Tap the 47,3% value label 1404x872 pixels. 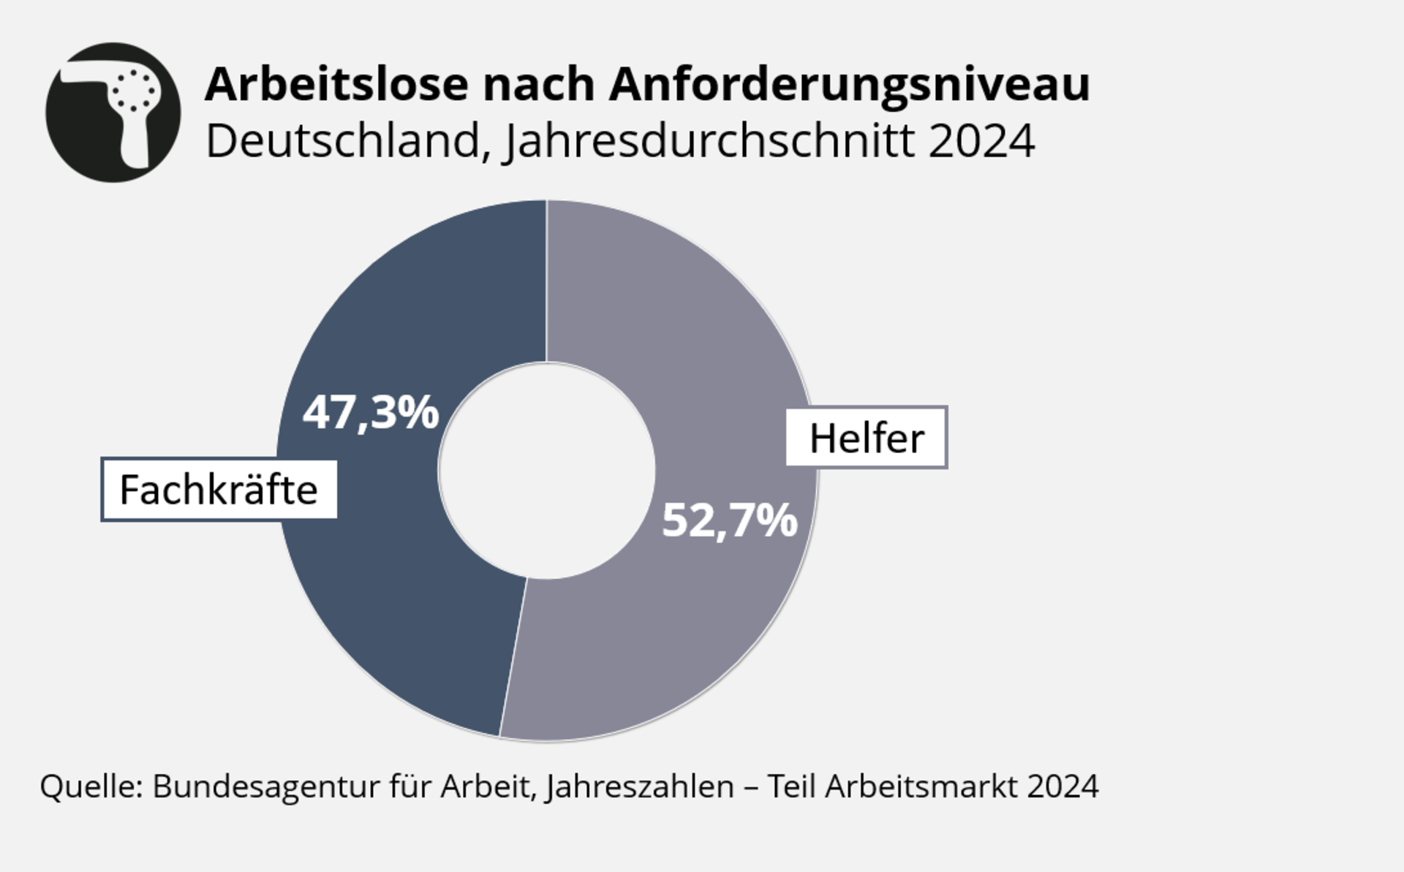pyautogui.click(x=371, y=412)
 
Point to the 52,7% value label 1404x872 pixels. pyautogui.click(x=729, y=520)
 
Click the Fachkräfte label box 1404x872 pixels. pyautogui.click(x=219, y=490)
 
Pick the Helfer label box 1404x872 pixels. pyautogui.click(x=867, y=438)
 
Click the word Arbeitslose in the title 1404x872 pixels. pyautogui.click(x=336, y=84)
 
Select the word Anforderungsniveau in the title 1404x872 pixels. pyautogui.click(x=849, y=84)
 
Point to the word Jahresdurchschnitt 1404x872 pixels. pyautogui.click(x=709, y=141)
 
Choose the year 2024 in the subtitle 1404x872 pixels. pyautogui.click(x=981, y=141)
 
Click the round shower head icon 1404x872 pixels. pyautogui.click(x=113, y=112)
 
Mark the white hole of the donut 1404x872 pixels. pyautogui.click(x=546, y=471)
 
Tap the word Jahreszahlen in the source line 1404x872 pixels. pyautogui.click(x=639, y=787)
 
